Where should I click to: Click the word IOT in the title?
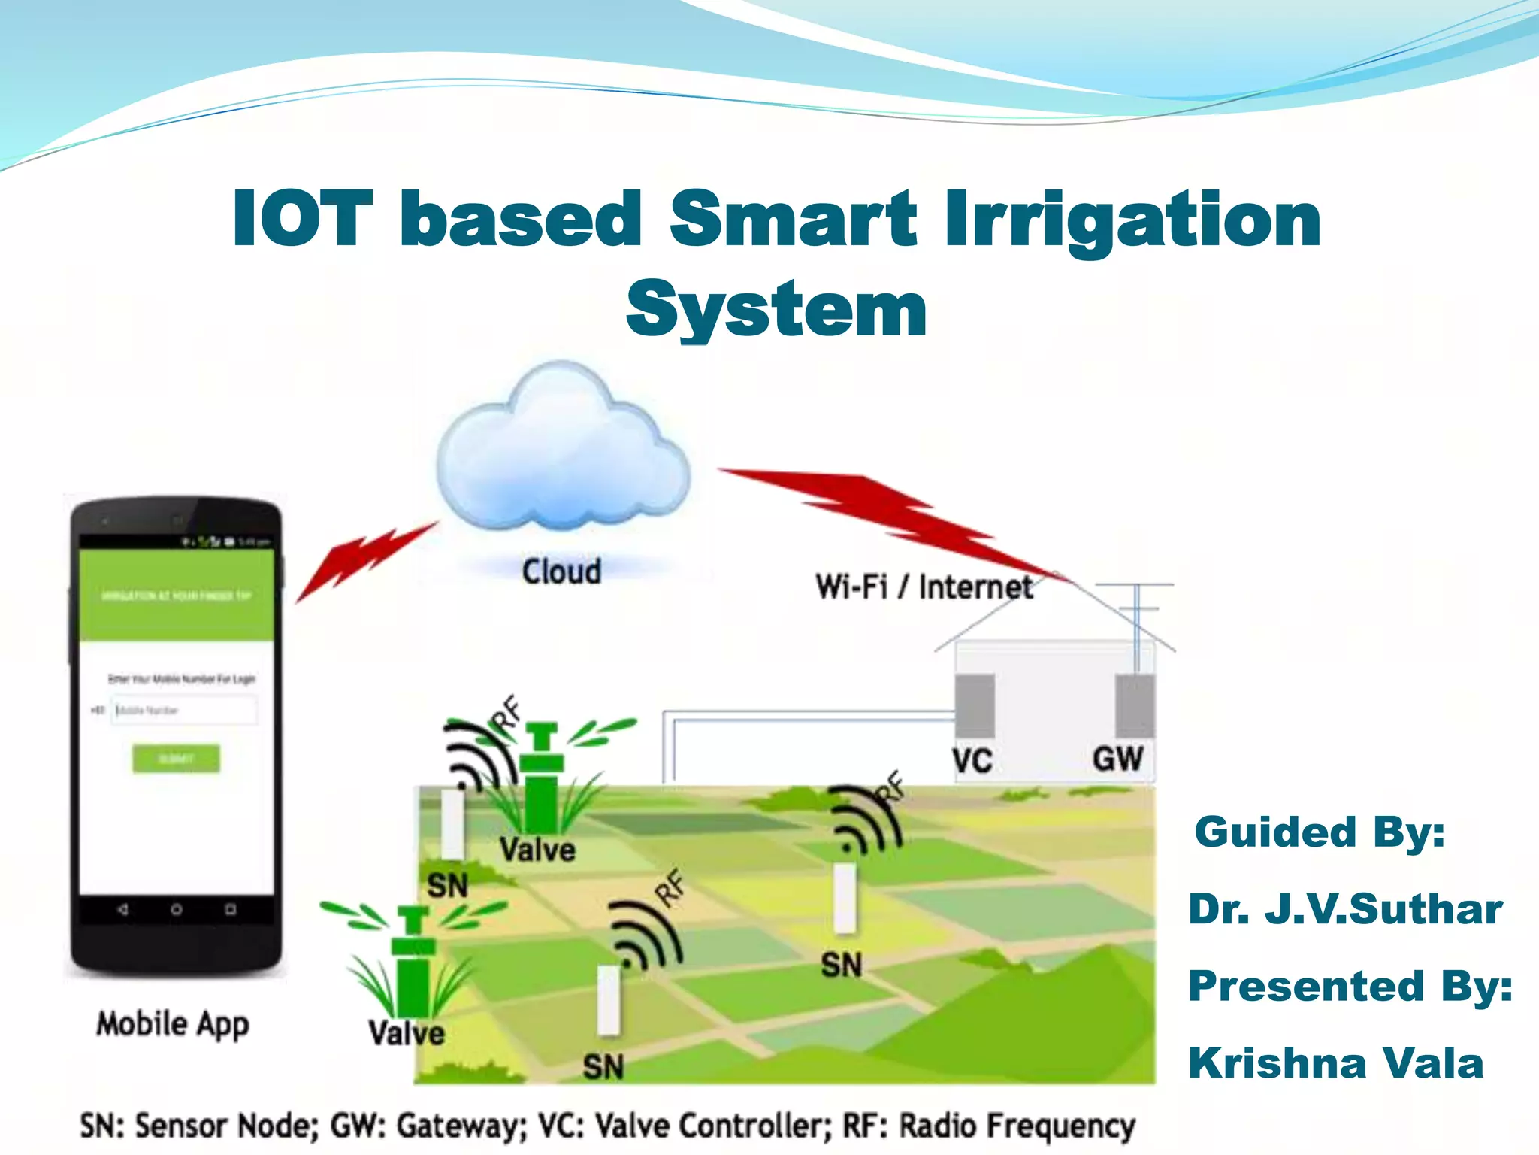pos(302,219)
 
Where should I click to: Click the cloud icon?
pos(562,451)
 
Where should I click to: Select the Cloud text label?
pos(561,572)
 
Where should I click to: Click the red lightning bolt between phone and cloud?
pos(366,560)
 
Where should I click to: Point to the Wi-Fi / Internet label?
pos(924,587)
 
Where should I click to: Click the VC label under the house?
pos(972,761)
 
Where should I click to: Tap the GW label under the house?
pos(1117,759)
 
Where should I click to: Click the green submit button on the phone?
pos(177,759)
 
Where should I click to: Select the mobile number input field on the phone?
pos(184,710)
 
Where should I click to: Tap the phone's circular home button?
pos(176,910)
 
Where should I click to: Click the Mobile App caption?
pos(173,1024)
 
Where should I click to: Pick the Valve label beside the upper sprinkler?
pos(537,850)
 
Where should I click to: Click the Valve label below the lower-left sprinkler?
pos(407,1033)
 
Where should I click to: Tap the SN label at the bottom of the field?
pos(603,1066)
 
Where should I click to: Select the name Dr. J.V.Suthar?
pos(1344,909)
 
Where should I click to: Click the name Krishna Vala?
pos(1335,1063)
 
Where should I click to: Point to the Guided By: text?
pos(1320,832)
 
